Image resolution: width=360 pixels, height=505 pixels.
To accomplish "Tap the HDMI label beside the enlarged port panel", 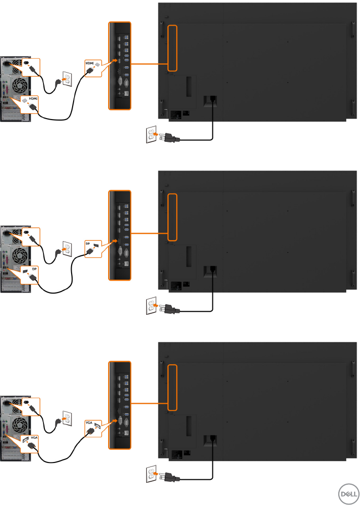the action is pyautogui.click(x=89, y=63).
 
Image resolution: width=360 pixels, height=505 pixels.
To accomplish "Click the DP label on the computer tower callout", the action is pyautogui.click(x=34, y=269).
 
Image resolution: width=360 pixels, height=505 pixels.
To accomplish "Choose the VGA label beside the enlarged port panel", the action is pyautogui.click(x=89, y=422).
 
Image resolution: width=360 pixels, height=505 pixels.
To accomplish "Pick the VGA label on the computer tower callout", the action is pyautogui.click(x=34, y=437).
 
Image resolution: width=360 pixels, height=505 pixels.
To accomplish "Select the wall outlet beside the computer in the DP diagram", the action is pyautogui.click(x=67, y=248).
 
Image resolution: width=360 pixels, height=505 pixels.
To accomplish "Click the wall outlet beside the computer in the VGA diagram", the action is pyautogui.click(x=67, y=418).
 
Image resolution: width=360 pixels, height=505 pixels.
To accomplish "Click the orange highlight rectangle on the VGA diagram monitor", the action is pyautogui.click(x=172, y=387).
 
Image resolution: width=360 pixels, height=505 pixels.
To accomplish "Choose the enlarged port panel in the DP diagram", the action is pyautogui.click(x=120, y=235).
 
